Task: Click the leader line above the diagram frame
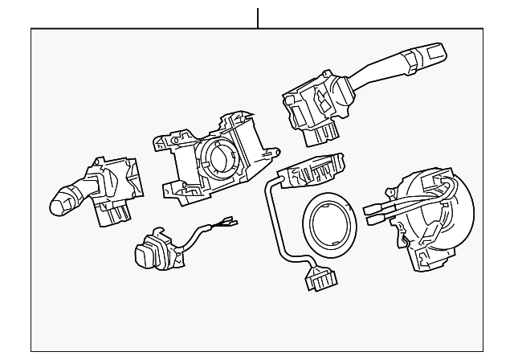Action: [258, 18]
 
